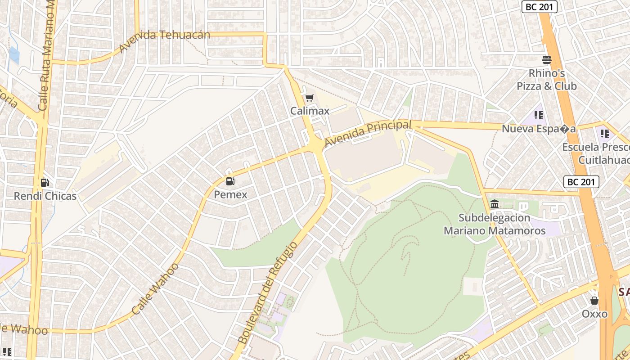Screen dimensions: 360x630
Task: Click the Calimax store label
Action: pos(310,111)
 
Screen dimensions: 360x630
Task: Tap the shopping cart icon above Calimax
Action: pos(309,98)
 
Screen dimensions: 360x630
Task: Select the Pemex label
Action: pos(230,194)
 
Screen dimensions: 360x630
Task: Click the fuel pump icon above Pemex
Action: pos(230,182)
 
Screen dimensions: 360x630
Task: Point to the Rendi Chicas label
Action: pos(45,196)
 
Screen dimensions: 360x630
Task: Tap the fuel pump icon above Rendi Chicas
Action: pos(45,183)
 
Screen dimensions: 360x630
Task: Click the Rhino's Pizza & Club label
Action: pos(546,80)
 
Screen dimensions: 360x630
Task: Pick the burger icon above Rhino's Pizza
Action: pos(547,60)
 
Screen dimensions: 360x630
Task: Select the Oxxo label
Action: pos(594,314)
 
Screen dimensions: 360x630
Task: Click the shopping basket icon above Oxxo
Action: pos(594,301)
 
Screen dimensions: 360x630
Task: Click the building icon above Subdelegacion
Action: pos(495,205)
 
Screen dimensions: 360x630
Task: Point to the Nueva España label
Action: pos(539,129)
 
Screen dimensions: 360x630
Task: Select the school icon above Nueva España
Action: pos(538,116)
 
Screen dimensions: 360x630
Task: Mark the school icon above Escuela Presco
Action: pos(605,134)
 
